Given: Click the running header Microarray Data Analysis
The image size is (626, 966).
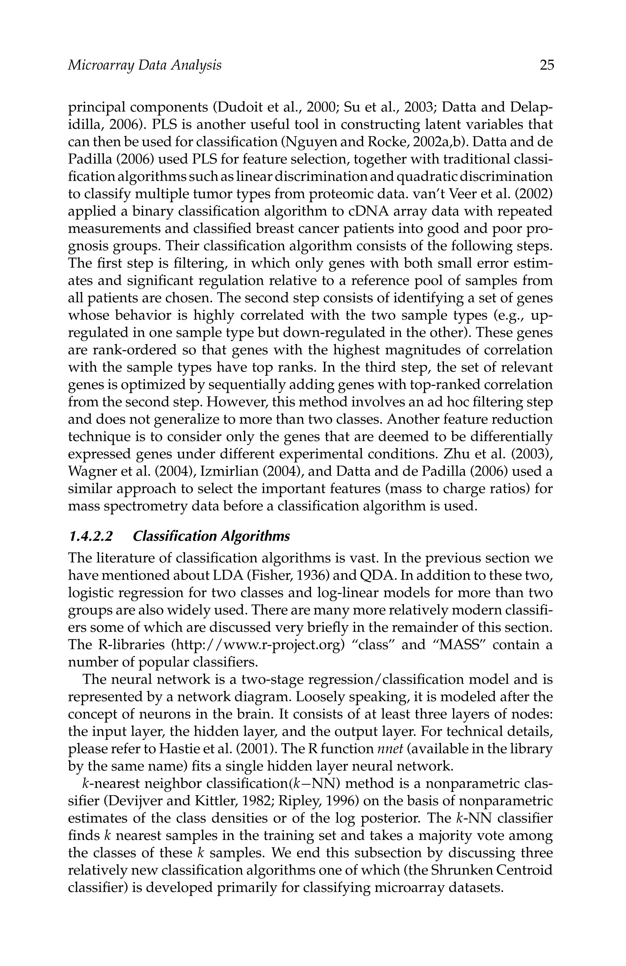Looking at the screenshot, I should tap(144, 65).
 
